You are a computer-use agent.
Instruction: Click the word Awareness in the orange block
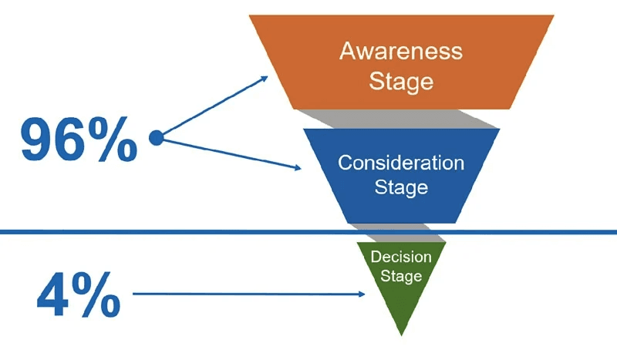click(x=401, y=52)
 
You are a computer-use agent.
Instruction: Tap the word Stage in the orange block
click(x=401, y=81)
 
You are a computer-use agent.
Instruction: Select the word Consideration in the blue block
click(x=401, y=163)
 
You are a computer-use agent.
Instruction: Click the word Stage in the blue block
click(x=401, y=187)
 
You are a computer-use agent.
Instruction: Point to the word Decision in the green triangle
click(x=401, y=257)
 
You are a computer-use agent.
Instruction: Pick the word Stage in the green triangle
click(x=401, y=275)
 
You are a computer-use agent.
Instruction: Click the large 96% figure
click(x=78, y=140)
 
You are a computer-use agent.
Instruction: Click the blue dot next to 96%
click(x=156, y=138)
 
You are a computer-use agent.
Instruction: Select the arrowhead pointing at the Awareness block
click(x=263, y=78)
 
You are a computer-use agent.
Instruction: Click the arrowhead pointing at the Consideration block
click(x=296, y=167)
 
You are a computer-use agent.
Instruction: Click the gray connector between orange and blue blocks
click(x=401, y=119)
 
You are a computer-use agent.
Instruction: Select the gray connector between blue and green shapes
click(x=401, y=232)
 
